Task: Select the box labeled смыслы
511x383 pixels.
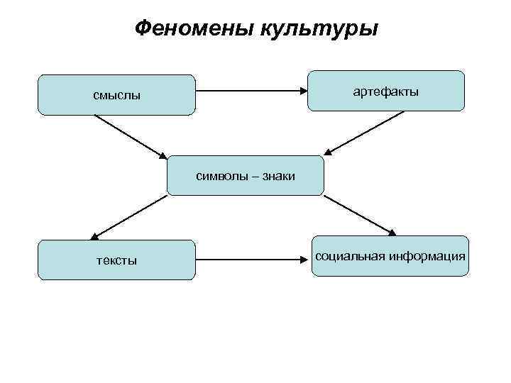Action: (116, 94)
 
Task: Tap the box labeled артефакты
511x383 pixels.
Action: (386, 91)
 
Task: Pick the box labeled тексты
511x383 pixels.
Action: (116, 260)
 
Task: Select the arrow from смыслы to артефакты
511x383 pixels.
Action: (252, 91)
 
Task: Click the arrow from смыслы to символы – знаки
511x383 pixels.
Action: (131, 136)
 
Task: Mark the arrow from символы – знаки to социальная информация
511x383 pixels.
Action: (359, 214)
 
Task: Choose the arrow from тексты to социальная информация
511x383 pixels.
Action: (252, 259)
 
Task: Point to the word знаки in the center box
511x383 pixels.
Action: (278, 176)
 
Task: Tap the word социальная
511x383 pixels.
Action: (350, 255)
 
